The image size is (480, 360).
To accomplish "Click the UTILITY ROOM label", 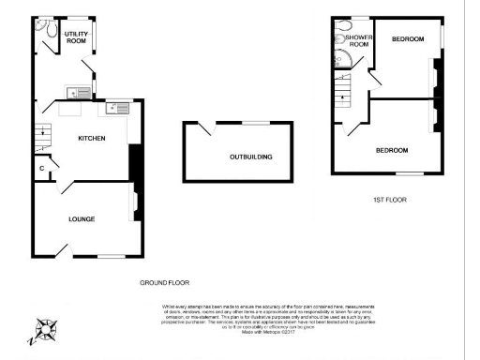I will [x=76, y=37].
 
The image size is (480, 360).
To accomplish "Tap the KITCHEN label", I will [x=90, y=139].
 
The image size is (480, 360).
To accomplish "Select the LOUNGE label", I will [x=82, y=218].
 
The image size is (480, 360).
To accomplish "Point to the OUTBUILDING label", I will [x=250, y=157].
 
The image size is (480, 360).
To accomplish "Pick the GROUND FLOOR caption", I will [x=164, y=282].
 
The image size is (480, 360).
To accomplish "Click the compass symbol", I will [x=46, y=331].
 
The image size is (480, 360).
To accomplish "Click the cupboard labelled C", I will [x=42, y=169].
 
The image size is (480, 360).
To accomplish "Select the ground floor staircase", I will [x=43, y=139].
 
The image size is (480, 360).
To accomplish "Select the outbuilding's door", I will [x=207, y=130].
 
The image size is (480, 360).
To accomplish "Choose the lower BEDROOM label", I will [x=391, y=150].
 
